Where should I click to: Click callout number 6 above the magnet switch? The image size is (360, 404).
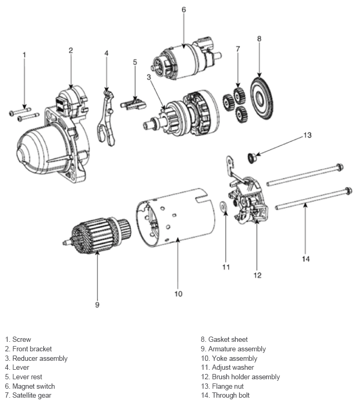pyautogui.click(x=183, y=9)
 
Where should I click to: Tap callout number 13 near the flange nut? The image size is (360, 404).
pyautogui.click(x=307, y=135)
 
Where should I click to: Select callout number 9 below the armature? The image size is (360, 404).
pyautogui.click(x=97, y=304)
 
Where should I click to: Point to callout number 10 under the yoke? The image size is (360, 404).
pyautogui.click(x=178, y=293)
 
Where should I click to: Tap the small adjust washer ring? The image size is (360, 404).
pyautogui.click(x=223, y=205)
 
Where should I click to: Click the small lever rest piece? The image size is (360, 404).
pyautogui.click(x=134, y=104)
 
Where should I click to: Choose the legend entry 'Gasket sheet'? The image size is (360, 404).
pyautogui.click(x=228, y=340)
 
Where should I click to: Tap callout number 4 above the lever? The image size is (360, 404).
pyautogui.click(x=106, y=53)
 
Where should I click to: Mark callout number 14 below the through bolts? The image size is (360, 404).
pyautogui.click(x=306, y=259)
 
